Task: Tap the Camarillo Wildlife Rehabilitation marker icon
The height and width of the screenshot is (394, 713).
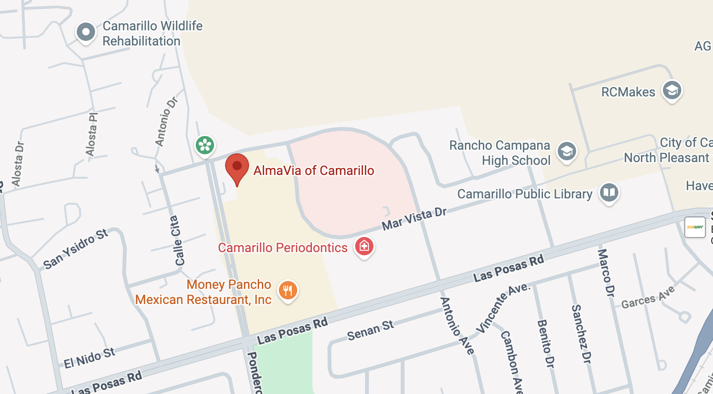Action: [86, 33]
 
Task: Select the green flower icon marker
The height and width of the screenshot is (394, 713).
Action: [205, 146]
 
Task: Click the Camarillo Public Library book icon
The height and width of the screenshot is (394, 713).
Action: [609, 192]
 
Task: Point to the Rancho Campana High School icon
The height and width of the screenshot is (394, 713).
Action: [567, 151]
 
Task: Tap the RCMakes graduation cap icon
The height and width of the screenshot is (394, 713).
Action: [672, 90]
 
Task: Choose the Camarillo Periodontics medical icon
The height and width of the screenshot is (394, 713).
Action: [364, 247]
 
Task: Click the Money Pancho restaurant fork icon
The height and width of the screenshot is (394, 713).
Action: [288, 291]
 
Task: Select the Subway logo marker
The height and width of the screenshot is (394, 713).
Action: [695, 227]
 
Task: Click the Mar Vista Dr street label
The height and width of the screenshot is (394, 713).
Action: [414, 219]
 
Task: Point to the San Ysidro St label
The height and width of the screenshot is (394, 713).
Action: [75, 248]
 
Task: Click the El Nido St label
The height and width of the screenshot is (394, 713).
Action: [89, 358]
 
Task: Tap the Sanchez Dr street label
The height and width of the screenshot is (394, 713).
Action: [581, 334]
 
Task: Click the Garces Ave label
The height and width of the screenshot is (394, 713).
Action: [648, 297]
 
